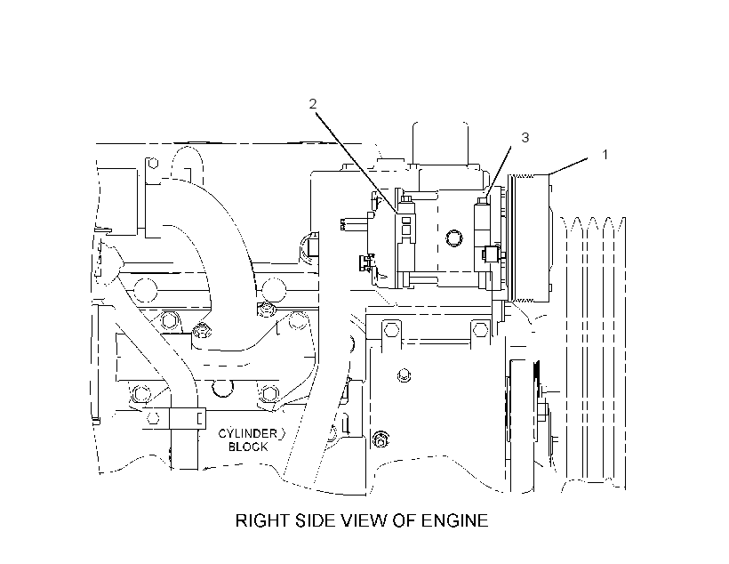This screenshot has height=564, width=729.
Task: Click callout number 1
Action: (605, 155)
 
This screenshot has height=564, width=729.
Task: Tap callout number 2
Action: (313, 104)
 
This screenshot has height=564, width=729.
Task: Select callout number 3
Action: (525, 138)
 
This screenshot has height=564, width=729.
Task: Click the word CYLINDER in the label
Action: (248, 434)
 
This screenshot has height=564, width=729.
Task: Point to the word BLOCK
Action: (248, 447)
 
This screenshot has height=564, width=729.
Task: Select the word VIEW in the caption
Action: (365, 520)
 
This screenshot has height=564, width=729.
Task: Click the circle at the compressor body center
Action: (453, 238)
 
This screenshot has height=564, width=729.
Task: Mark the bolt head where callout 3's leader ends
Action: (482, 200)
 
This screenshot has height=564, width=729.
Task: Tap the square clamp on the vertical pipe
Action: (187, 419)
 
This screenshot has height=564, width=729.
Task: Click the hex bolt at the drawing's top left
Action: (152, 164)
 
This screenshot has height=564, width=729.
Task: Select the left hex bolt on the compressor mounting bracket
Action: (391, 330)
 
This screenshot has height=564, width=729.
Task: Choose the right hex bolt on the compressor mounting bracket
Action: (480, 330)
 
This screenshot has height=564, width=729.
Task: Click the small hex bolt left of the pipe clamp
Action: (152, 417)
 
